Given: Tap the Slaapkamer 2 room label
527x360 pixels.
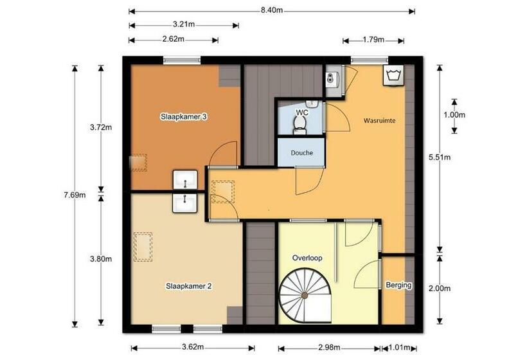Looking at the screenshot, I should (189, 286).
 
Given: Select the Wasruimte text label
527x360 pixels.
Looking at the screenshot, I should (379, 120).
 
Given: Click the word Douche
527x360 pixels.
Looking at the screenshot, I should (301, 153).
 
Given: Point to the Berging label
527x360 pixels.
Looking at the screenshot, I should (398, 285).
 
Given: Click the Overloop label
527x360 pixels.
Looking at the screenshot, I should (307, 258).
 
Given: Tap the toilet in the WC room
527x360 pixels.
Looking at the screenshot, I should (299, 125).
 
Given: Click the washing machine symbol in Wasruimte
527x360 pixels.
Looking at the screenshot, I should (393, 75).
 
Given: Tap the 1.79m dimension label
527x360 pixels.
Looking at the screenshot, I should (373, 40).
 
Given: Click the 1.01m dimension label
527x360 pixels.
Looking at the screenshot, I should (398, 348).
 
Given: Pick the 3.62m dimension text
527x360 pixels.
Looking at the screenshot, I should (193, 348).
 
